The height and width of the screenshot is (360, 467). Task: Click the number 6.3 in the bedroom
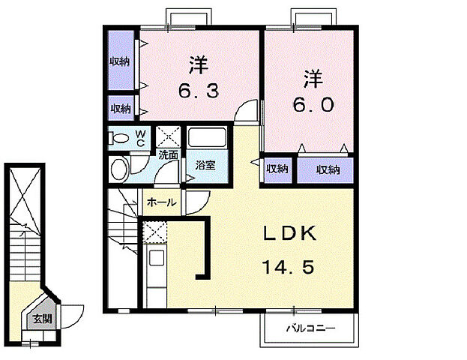pyautogui.click(x=199, y=91)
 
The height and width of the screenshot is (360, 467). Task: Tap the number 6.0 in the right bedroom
pyautogui.click(x=313, y=104)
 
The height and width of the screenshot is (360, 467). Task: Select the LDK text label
pyautogui.click(x=290, y=233)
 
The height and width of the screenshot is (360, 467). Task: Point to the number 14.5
pyautogui.click(x=289, y=267)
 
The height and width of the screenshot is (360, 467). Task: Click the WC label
pyautogui.click(x=140, y=138)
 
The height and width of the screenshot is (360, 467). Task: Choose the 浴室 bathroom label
pyautogui.click(x=205, y=165)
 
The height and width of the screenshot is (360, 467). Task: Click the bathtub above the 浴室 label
pyautogui.click(x=207, y=137)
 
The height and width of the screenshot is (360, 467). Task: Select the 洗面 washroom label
pyautogui.click(x=168, y=154)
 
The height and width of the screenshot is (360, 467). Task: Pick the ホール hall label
pyautogui.click(x=162, y=202)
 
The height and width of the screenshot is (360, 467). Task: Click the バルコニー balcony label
pyautogui.click(x=310, y=328)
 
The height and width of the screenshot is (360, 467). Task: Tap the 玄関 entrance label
pyautogui.click(x=42, y=319)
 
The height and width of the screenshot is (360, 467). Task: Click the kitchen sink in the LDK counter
pyautogui.click(x=157, y=258)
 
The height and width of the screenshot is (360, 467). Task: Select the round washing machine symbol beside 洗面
pyautogui.click(x=119, y=169)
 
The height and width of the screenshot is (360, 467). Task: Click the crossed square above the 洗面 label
pyautogui.click(x=169, y=137)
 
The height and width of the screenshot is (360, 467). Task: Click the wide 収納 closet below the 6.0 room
pyautogui.click(x=325, y=169)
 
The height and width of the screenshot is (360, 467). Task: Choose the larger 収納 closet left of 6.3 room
pyautogui.click(x=121, y=60)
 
